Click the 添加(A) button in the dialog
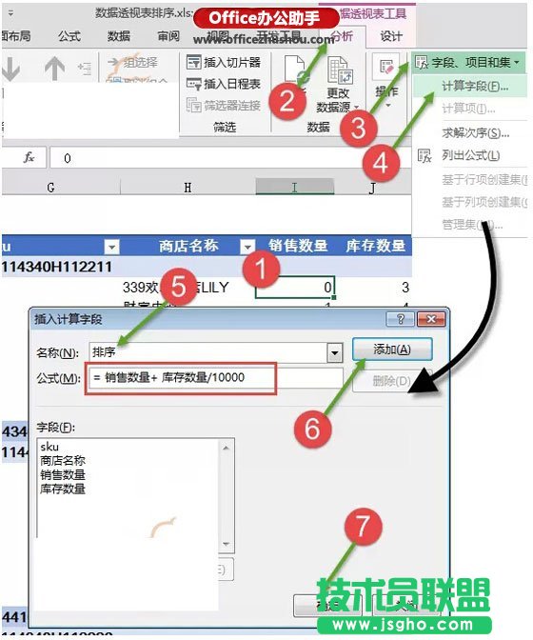coord(392,350)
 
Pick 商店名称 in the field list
coord(63,460)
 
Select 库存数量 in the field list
coord(63,489)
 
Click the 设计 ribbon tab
coord(391,36)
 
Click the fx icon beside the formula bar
coord(29,156)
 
